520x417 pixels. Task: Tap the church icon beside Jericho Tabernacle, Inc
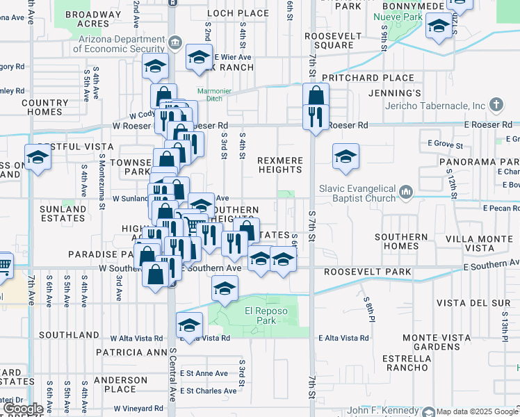point(495,106)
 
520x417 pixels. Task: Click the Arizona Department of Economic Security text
point(119,44)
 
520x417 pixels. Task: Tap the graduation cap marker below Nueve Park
point(439,28)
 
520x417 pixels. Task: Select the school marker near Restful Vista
point(38,158)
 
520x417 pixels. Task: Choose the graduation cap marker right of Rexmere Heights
point(346,158)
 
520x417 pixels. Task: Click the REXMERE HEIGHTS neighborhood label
point(280,165)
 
